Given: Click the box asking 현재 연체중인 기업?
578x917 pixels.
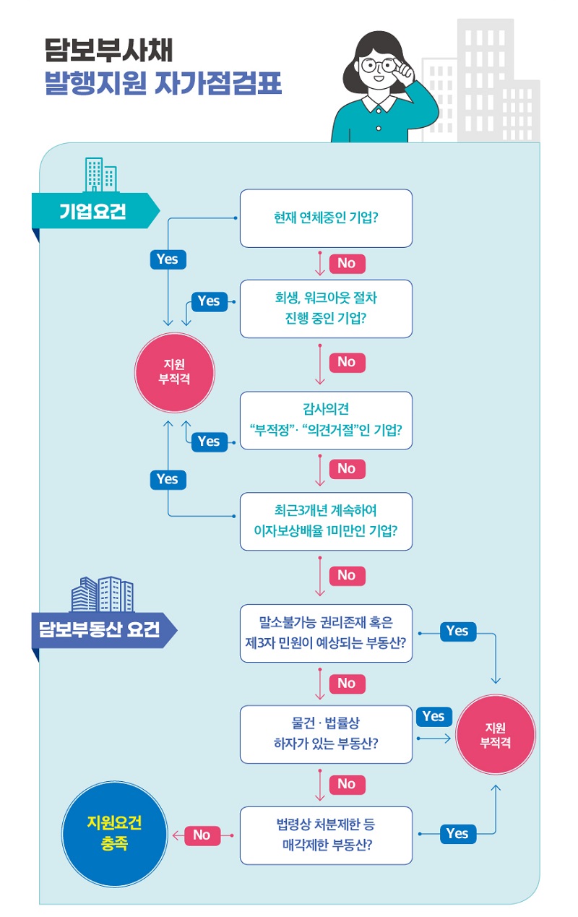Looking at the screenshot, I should point(326,218).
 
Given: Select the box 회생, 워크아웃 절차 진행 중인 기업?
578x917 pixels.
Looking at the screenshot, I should point(326,309).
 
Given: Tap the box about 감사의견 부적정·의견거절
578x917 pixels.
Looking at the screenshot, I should point(326,421).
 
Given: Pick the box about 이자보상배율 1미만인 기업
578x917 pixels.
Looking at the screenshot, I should point(326,521).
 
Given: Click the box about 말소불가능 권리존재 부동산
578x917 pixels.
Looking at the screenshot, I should point(326,633).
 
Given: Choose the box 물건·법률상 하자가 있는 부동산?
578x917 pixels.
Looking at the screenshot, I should point(326,734).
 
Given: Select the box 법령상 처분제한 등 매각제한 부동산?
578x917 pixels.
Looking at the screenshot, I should point(326,835).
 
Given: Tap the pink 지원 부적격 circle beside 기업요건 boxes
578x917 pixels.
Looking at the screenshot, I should point(174,372).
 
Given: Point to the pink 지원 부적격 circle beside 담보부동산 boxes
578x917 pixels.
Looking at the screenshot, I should point(496,735).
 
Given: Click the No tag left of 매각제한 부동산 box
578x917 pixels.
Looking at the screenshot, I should point(202,835).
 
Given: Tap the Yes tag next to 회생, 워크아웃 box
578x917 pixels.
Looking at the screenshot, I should point(209,301).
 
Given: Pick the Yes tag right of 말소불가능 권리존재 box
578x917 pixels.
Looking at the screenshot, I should point(457,631).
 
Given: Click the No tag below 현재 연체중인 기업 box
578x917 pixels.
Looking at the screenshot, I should point(347,263).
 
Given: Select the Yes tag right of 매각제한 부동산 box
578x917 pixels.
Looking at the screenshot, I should point(457,834).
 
